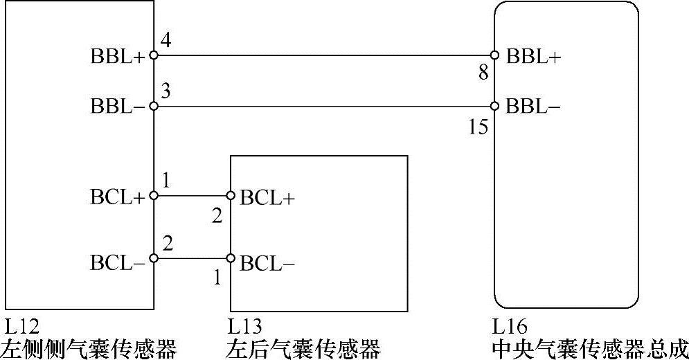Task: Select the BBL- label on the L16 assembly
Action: point(533,107)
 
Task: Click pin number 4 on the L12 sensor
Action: point(165,41)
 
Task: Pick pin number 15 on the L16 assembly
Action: point(478,127)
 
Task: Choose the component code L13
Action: point(244,325)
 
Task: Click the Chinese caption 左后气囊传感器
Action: point(303,348)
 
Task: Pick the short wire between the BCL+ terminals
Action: point(193,196)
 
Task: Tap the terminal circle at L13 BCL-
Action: point(231,260)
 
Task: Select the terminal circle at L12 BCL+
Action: point(154,196)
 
